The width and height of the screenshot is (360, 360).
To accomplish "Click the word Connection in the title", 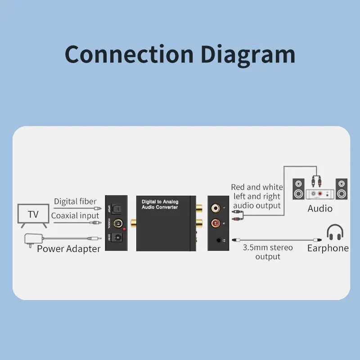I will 129,54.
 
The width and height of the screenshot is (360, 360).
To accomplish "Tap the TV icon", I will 33,214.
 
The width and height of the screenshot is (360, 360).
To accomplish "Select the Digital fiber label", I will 75,201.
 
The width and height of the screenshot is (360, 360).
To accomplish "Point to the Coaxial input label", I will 75,216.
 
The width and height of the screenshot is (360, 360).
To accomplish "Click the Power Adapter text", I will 68,249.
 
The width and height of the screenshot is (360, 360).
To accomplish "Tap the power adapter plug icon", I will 31,239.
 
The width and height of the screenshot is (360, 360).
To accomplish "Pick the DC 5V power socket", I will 118,238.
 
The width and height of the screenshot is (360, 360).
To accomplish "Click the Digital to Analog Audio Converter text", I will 160,205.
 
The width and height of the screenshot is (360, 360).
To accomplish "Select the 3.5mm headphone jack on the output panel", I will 219,240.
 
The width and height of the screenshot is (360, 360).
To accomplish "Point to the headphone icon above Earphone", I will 335,232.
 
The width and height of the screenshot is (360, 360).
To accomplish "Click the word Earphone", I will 328,248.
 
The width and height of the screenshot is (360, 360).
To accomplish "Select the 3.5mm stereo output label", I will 268,252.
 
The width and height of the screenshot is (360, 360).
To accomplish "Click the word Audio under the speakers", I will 320,208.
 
